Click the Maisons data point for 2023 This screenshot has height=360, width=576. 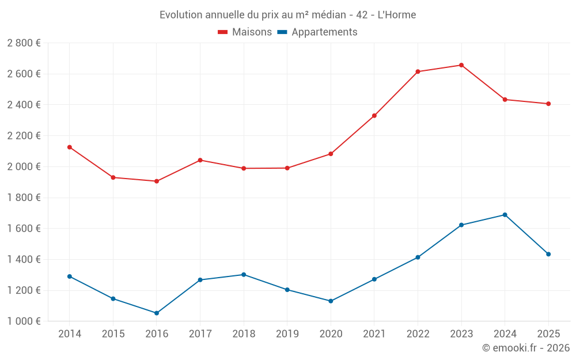click(461, 65)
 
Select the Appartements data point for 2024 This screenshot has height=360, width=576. click(505, 215)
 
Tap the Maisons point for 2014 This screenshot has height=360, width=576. click(70, 147)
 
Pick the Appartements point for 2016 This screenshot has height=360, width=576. click(157, 313)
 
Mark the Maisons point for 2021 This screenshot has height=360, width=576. click(374, 116)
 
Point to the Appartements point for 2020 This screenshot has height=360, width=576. click(331, 301)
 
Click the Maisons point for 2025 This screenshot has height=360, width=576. click(548, 104)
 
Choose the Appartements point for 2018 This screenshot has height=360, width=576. click(244, 275)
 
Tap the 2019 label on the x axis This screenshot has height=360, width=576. click(287, 334)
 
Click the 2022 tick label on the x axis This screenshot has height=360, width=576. click(418, 334)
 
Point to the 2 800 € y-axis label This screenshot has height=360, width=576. click(24, 43)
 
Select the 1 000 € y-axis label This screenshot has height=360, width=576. click(24, 321)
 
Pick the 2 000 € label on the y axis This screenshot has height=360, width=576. click(24, 166)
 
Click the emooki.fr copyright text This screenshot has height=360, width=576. click(525, 348)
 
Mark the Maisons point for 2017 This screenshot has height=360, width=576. click(200, 160)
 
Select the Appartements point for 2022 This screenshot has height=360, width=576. click(418, 257)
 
